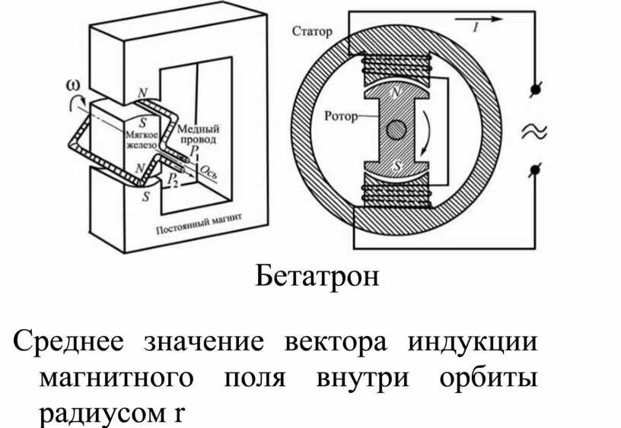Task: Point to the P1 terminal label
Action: pos(196,152)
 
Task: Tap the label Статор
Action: pos(312,31)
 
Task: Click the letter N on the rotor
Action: pos(394,93)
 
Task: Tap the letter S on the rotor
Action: pos(395,164)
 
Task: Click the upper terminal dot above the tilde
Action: pos(535,90)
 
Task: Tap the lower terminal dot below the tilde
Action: pos(535,170)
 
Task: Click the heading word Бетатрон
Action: pos(316,275)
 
